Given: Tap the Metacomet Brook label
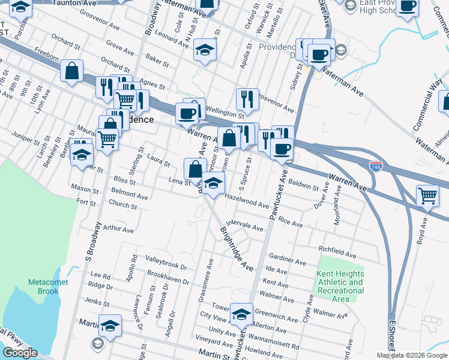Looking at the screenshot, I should click(x=43, y=287).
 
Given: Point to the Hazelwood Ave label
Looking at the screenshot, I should click(x=246, y=200).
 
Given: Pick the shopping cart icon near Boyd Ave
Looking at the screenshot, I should click(x=427, y=194).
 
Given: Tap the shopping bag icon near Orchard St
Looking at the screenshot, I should click(x=71, y=71).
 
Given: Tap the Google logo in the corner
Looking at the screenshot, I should click(x=20, y=353).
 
